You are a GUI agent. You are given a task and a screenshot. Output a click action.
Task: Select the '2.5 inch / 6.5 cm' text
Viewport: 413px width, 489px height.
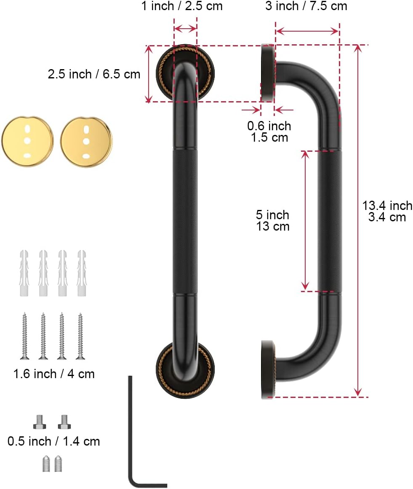[94, 74]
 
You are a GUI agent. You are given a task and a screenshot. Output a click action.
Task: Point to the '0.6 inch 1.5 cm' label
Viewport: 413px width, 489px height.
[269, 132]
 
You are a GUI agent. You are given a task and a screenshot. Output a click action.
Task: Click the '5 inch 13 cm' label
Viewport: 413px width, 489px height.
[273, 220]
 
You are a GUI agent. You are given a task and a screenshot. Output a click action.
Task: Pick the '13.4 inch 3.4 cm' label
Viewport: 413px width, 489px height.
[387, 211]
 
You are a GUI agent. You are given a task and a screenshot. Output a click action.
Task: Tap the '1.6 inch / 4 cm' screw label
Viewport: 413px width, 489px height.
[54, 373]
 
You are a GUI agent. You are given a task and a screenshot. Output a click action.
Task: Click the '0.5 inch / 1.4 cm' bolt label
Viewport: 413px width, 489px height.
[54, 441]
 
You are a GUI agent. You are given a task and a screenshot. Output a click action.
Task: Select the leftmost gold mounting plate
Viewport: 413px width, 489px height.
[27, 142]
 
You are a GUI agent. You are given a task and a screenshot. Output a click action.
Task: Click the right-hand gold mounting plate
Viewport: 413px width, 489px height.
[86, 142]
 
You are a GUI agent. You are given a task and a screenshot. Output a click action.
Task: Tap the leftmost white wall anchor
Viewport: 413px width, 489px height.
[24, 273]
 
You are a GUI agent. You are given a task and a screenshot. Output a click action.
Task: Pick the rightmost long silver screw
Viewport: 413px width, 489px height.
[80, 336]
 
